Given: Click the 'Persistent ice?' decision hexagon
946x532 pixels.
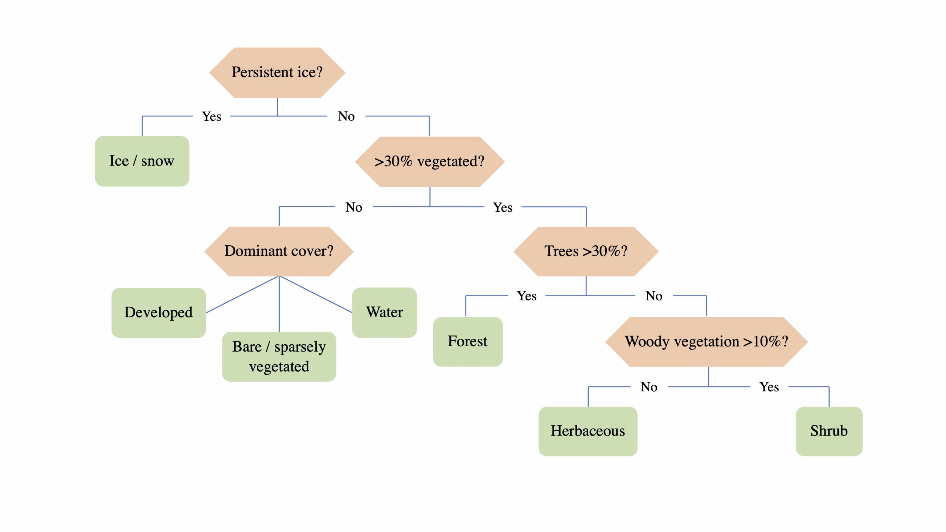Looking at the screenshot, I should click(277, 72).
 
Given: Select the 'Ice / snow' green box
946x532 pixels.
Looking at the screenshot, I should click(142, 161).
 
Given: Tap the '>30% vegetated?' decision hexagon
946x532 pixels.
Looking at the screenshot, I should click(429, 162).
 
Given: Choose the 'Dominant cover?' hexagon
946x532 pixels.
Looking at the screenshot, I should click(279, 251).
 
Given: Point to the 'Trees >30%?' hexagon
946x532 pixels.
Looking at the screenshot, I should click(586, 251).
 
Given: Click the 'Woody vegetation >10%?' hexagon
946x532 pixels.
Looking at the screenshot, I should click(707, 342).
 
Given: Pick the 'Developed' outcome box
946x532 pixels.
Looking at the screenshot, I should click(159, 313).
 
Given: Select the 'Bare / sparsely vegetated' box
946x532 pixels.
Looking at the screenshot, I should click(279, 357).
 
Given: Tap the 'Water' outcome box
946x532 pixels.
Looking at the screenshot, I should click(384, 312).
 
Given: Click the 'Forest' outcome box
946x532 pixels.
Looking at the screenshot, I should click(467, 341).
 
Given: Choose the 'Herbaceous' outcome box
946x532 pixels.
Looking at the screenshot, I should click(588, 431).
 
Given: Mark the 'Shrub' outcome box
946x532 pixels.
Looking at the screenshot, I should click(829, 431).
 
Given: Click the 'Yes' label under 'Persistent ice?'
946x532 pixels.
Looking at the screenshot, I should click(211, 116).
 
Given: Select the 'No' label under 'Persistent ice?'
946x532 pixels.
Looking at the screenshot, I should click(346, 116).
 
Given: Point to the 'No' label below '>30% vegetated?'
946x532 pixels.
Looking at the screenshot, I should click(354, 207).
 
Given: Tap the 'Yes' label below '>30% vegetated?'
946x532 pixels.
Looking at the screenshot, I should click(503, 208).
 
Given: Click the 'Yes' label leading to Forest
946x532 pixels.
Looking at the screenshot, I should click(527, 296).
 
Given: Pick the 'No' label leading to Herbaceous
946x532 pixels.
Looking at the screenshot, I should click(649, 387).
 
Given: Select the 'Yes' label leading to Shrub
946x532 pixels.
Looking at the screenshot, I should click(769, 387).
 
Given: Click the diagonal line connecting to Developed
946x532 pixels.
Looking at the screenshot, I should click(242, 295).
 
